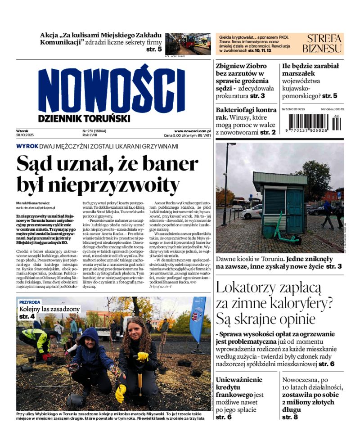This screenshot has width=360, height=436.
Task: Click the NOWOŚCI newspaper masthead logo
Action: tap(108, 89)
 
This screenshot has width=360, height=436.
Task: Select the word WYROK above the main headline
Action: tap(27, 146)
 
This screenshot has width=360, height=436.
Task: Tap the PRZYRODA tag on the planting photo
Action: tap(30, 302)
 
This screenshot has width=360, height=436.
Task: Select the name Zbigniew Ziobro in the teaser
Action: tap(241, 66)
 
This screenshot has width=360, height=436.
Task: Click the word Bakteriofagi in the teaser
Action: tap(239, 110)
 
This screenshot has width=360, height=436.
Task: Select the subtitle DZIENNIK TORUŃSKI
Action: tap(84, 118)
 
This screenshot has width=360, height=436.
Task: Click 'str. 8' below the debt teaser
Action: tap(290, 417)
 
